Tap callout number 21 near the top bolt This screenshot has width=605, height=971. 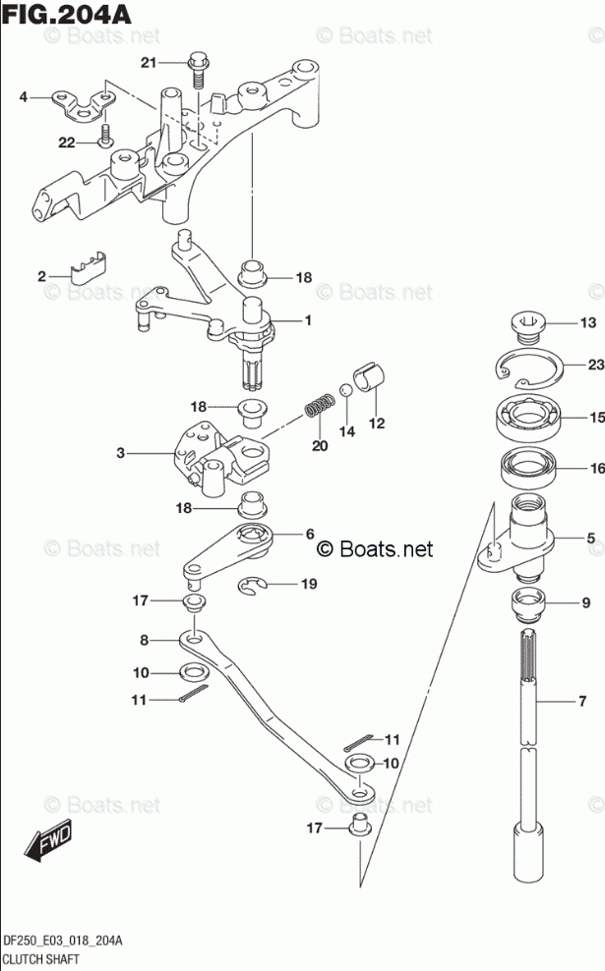coord(149,64)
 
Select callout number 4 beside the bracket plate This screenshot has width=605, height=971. coord(23,96)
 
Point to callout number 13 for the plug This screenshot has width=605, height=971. coord(587,323)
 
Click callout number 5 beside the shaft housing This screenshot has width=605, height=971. coord(591,538)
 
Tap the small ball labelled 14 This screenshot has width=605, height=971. coord(345,392)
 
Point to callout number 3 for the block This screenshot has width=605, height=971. coord(121,453)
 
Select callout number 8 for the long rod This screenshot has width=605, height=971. coord(144,640)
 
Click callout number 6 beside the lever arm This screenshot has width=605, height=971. coord(309,534)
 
